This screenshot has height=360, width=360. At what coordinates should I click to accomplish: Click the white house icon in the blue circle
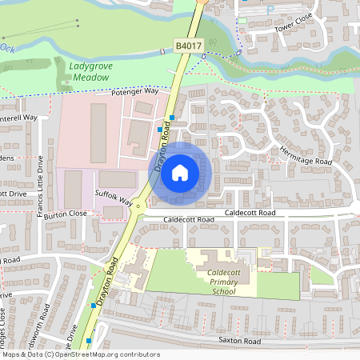point(180,172)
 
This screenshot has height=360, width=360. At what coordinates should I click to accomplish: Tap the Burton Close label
point(66,214)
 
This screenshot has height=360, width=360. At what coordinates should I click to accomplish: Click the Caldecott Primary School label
point(230,282)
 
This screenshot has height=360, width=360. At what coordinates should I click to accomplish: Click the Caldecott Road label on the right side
point(250,213)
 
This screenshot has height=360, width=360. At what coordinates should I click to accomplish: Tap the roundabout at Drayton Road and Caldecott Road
point(139,206)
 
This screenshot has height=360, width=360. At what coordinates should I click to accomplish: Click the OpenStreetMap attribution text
point(80,354)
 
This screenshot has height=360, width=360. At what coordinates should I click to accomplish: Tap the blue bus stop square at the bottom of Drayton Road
point(90,339)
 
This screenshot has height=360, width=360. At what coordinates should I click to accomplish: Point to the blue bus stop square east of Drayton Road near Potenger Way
point(172,117)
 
